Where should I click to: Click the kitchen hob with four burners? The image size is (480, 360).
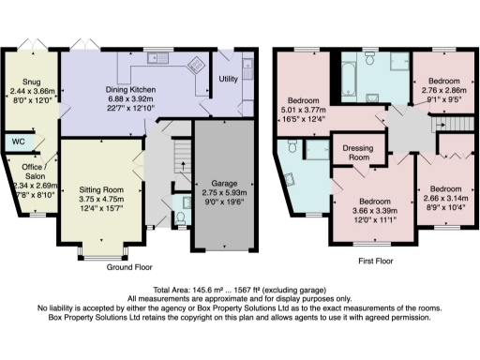pos(197,67)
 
